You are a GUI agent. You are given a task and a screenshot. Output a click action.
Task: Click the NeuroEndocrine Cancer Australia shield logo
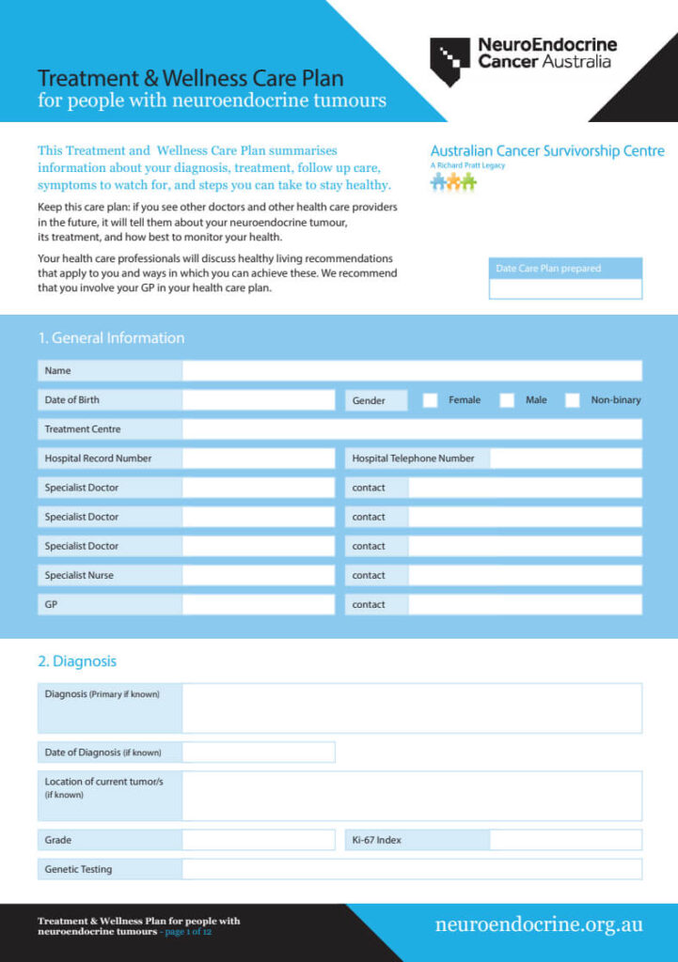[x=450, y=60]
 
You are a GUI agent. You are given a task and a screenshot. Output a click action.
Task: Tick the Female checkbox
[x=431, y=400]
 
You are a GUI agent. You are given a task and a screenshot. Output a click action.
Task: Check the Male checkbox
[x=507, y=400]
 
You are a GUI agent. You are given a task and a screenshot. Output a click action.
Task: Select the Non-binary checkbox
[x=573, y=400]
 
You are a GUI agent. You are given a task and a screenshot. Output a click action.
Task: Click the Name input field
[x=412, y=371]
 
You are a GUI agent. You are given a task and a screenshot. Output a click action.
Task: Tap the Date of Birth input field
[x=259, y=400]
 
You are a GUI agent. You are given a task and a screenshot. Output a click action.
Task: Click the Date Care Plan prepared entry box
[x=565, y=289]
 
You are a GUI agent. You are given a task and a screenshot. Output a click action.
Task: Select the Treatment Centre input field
[x=412, y=429]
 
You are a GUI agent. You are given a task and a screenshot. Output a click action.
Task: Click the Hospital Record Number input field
[x=259, y=458]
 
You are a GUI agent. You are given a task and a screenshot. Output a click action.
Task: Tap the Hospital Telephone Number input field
[x=566, y=458]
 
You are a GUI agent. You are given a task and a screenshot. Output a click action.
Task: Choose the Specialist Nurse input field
[x=259, y=576]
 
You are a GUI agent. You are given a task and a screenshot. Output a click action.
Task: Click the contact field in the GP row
[x=525, y=605]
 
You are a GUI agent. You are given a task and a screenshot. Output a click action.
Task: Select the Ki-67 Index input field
[x=566, y=840]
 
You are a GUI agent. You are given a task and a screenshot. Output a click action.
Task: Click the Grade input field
[x=259, y=840]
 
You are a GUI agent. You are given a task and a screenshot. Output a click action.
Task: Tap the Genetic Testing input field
[x=412, y=869]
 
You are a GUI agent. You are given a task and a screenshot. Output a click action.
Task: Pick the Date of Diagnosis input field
[x=259, y=753]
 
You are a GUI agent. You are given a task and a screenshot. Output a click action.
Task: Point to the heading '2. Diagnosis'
[x=77, y=661]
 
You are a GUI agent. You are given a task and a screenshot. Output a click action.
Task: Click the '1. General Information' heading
[x=111, y=338]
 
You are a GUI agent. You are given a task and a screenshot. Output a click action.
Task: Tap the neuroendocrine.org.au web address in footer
[x=539, y=925]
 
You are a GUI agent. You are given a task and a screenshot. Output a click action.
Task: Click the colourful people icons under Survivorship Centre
[x=453, y=182]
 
